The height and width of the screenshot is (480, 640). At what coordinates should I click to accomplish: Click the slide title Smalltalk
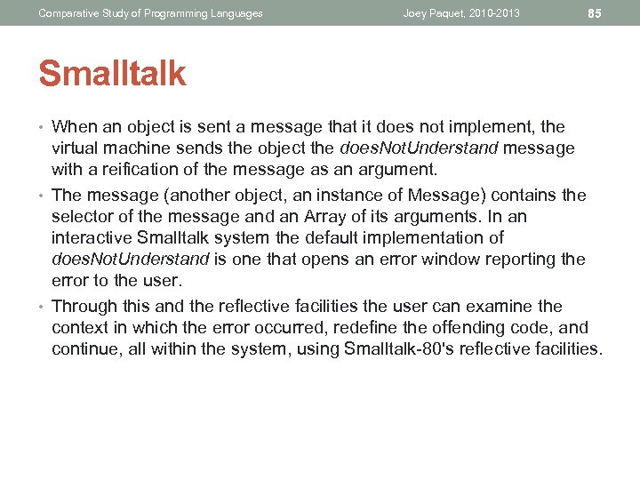tap(112, 74)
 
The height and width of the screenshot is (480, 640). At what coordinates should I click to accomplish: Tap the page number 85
tap(596, 13)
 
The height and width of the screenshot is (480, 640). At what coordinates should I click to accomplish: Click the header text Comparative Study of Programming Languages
tap(150, 13)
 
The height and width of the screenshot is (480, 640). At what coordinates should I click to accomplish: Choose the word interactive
tap(92, 238)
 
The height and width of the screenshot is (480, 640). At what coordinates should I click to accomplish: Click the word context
tap(78, 327)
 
